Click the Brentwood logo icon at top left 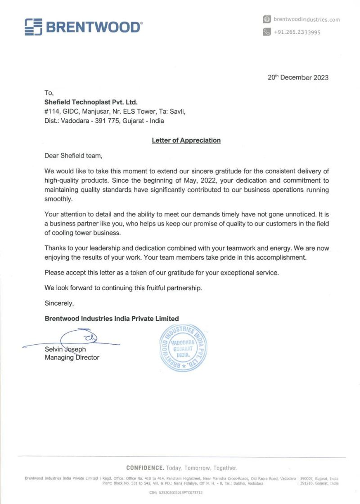(33, 27)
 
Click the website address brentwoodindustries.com (306, 19)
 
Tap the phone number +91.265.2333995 (297, 32)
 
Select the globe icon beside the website (267, 19)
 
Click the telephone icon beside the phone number (267, 32)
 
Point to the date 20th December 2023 (298, 77)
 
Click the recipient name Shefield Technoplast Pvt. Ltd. (91, 103)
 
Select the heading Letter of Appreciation (186, 140)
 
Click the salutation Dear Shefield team (73, 156)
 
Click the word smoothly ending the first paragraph (58, 198)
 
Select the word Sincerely (59, 303)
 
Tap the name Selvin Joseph (65, 349)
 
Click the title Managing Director (72, 358)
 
